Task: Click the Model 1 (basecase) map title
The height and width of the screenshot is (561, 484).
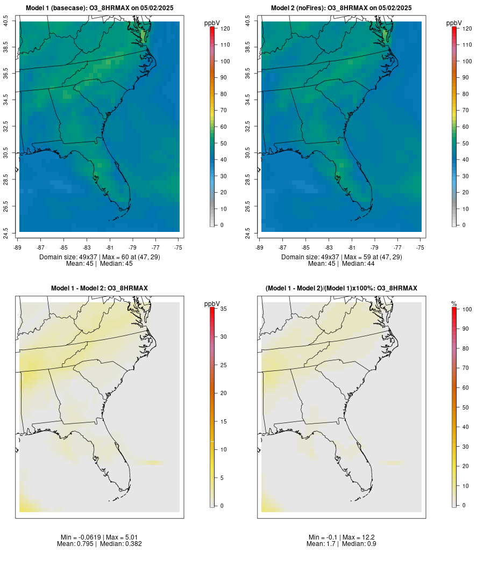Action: point(99,8)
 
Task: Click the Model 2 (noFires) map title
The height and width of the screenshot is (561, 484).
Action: point(341,8)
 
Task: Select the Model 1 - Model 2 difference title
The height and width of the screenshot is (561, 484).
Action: point(99,288)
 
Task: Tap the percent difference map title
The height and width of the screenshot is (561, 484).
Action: point(341,288)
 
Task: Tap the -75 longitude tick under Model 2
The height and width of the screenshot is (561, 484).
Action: point(421,247)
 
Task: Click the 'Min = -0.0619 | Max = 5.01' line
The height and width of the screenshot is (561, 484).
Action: point(99,537)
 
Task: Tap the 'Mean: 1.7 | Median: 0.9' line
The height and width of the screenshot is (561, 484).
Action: point(341,544)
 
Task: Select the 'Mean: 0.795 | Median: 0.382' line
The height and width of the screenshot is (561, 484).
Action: point(99,544)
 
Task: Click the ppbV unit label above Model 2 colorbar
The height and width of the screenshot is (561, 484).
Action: point(454,23)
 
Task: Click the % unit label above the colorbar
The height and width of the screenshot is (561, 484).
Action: point(454,304)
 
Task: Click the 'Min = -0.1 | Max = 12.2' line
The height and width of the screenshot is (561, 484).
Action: point(341,537)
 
